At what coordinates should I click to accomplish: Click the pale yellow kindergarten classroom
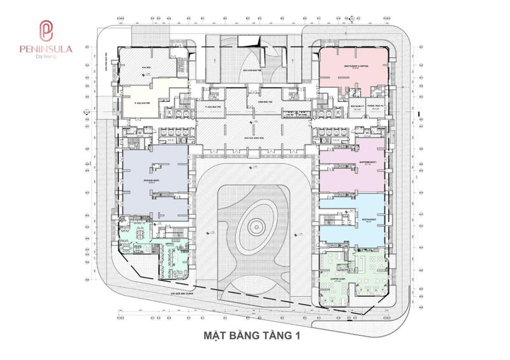143,105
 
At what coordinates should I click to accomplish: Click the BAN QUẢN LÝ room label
339,106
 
